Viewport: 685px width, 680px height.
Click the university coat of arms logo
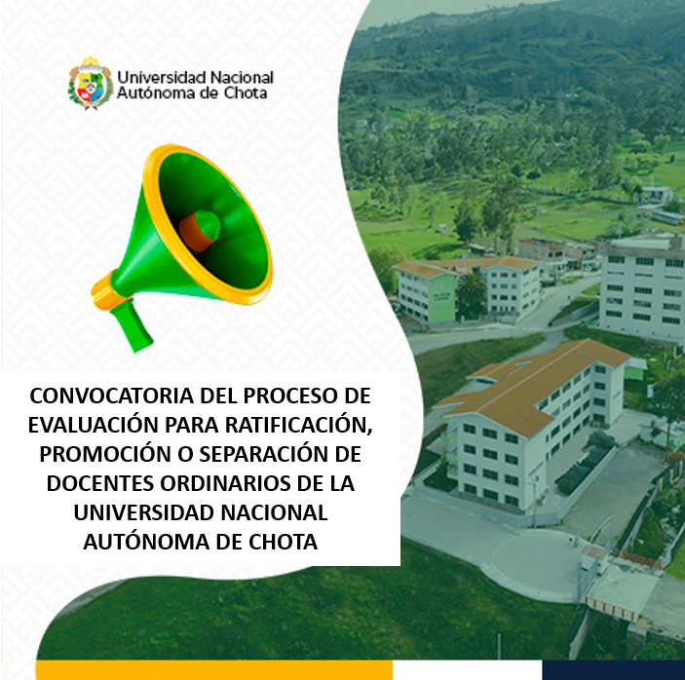click(x=89, y=85)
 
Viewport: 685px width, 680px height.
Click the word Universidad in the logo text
click(x=162, y=77)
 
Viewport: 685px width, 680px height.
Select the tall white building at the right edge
click(x=643, y=287)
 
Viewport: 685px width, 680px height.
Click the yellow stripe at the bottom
click(x=214, y=670)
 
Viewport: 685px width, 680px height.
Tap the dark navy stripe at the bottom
click(x=614, y=670)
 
